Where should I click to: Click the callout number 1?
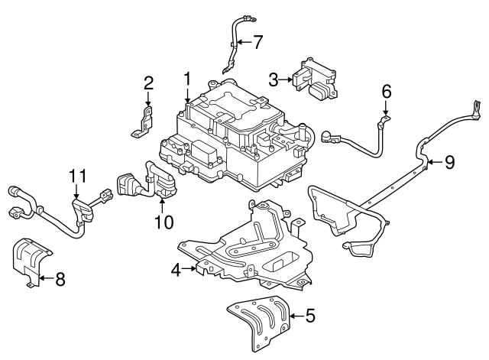186,79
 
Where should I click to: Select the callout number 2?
148,83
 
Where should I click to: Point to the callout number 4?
176,269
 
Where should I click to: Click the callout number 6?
387,92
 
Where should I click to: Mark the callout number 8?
60,279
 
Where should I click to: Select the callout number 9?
449,161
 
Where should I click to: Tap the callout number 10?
164,222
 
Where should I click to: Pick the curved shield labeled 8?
29,262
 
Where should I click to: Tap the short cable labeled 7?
233,46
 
